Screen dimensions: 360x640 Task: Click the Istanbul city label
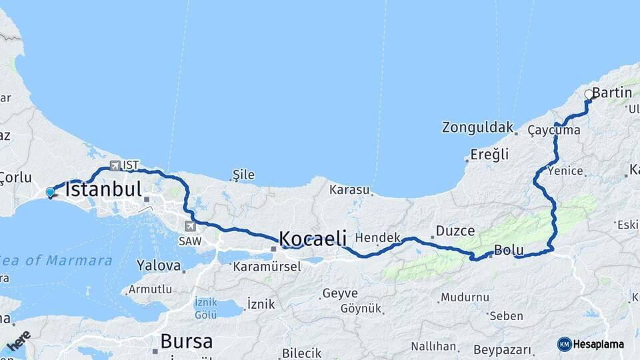click(104, 189)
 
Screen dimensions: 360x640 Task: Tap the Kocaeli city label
click(313, 238)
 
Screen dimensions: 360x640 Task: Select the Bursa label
click(187, 342)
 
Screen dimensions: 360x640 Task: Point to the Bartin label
click(611, 93)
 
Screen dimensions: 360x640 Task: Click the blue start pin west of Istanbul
click(50, 193)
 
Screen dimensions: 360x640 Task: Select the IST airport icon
click(115, 165)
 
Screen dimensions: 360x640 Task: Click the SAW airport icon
click(191, 227)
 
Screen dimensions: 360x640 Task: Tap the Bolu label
click(508, 251)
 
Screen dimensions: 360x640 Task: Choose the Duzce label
click(455, 231)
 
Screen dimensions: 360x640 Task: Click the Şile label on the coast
click(243, 175)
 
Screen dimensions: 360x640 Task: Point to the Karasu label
click(349, 189)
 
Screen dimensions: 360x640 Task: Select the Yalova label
click(159, 265)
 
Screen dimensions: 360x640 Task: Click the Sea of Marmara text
click(56, 260)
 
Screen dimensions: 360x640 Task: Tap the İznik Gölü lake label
click(206, 307)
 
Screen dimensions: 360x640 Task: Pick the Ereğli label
click(489, 155)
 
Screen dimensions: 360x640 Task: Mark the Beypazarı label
click(502, 349)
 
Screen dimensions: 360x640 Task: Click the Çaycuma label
click(553, 131)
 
